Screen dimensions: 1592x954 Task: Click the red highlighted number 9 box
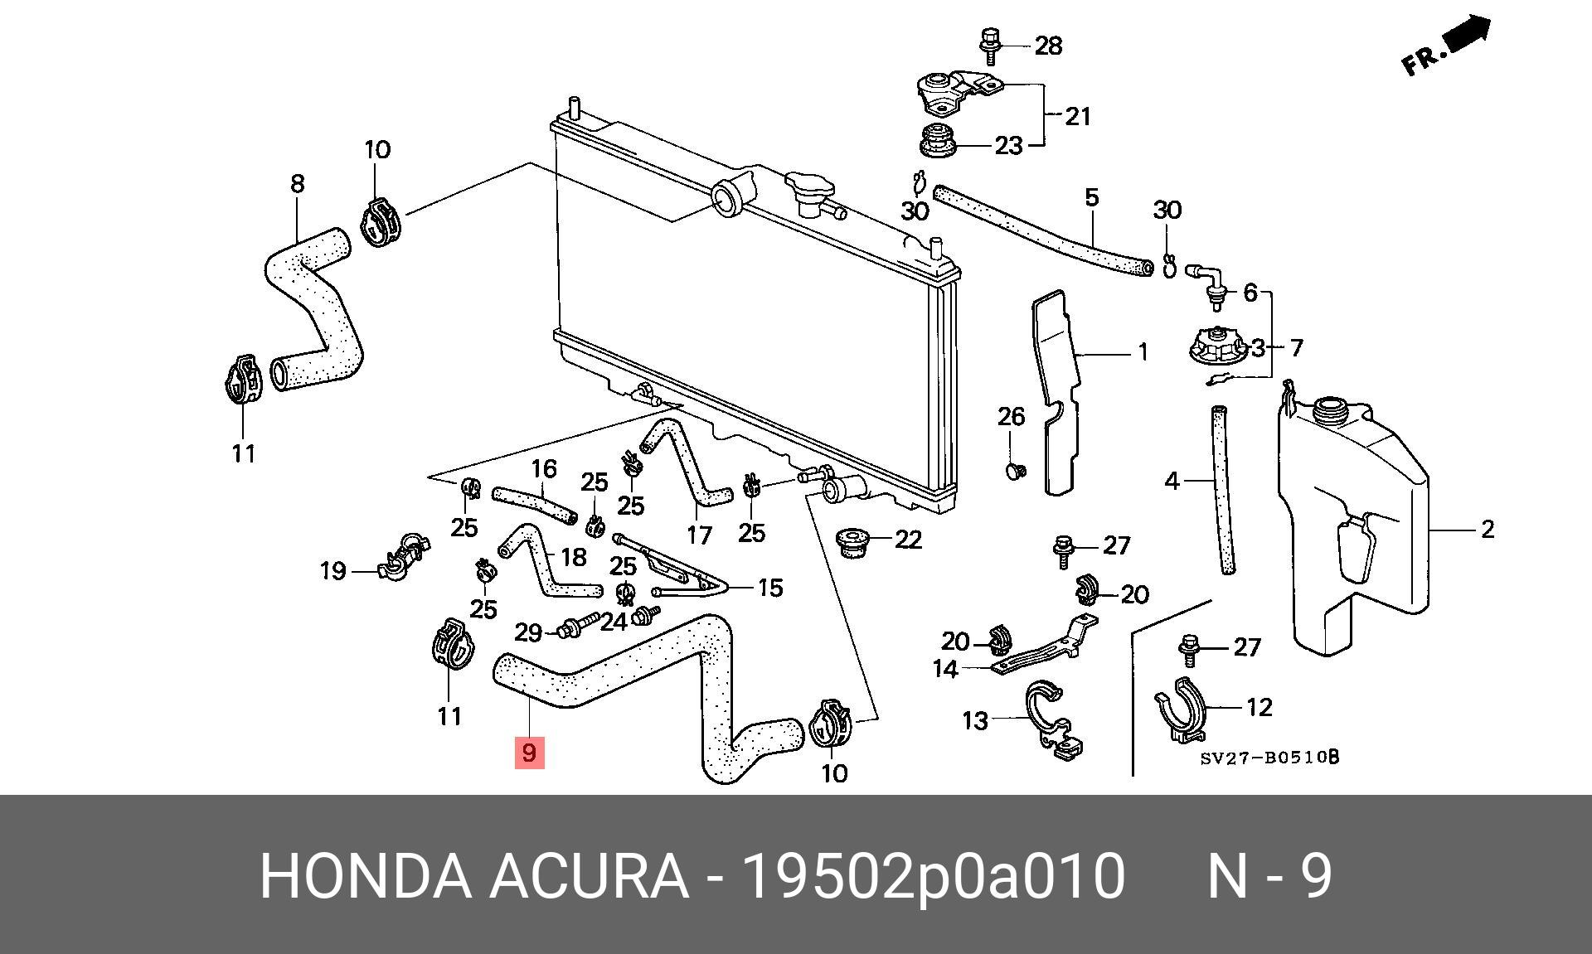coord(529,753)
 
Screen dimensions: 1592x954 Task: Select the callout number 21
coord(1077,116)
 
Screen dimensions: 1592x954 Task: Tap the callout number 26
coord(1011,416)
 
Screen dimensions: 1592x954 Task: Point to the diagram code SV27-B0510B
coord(1269,757)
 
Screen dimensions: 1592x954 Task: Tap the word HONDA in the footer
coord(366,875)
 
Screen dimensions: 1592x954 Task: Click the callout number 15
coord(770,588)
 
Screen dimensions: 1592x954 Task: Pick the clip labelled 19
coord(401,557)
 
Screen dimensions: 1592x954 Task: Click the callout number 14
coord(945,668)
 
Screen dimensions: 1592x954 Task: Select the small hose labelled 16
coord(535,505)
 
